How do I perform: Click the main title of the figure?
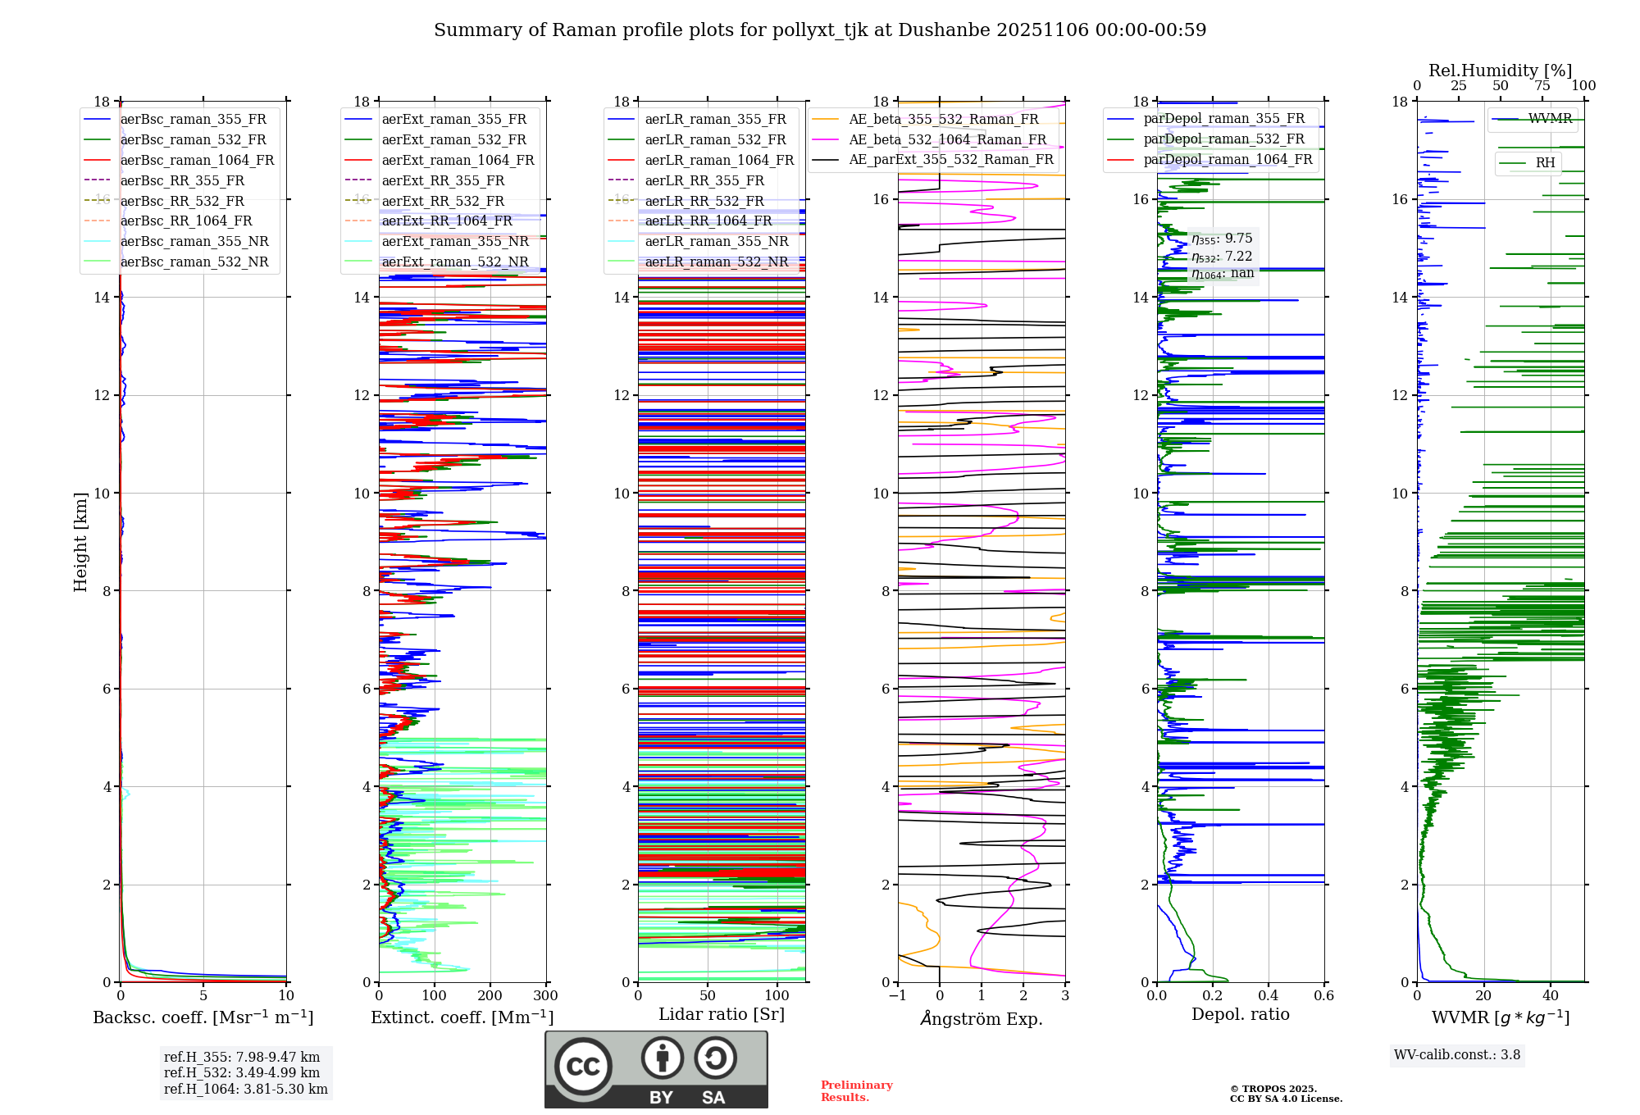(x=820, y=30)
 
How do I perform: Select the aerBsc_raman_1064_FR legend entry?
(x=197, y=161)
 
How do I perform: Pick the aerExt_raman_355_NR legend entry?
(x=455, y=242)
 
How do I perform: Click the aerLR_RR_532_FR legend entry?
(x=704, y=202)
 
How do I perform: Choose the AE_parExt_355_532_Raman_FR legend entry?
(x=951, y=160)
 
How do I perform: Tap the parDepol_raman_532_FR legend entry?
(x=1223, y=139)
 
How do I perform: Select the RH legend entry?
(x=1545, y=163)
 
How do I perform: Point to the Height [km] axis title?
(x=80, y=542)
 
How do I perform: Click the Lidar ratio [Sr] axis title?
(x=722, y=1015)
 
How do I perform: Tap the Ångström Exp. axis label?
(x=982, y=1019)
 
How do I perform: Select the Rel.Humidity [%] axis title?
(x=1500, y=71)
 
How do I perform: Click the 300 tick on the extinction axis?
(x=545, y=996)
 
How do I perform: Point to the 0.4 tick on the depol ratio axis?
(x=1269, y=996)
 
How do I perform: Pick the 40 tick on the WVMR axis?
(x=1551, y=996)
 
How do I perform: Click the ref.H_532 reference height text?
(x=242, y=1073)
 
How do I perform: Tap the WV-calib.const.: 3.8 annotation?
(x=1457, y=1055)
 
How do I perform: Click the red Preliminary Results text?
(x=856, y=1091)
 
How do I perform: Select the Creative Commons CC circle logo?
(x=583, y=1067)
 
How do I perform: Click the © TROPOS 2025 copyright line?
(x=1273, y=1089)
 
